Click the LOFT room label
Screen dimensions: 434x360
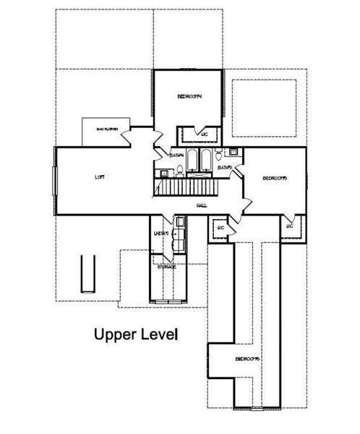point(100,177)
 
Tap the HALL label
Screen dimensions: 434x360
point(202,205)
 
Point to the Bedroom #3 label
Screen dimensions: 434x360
point(275,179)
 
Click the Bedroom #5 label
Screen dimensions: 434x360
point(247,359)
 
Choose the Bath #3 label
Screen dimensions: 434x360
point(224,168)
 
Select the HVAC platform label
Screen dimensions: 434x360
point(108,129)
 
